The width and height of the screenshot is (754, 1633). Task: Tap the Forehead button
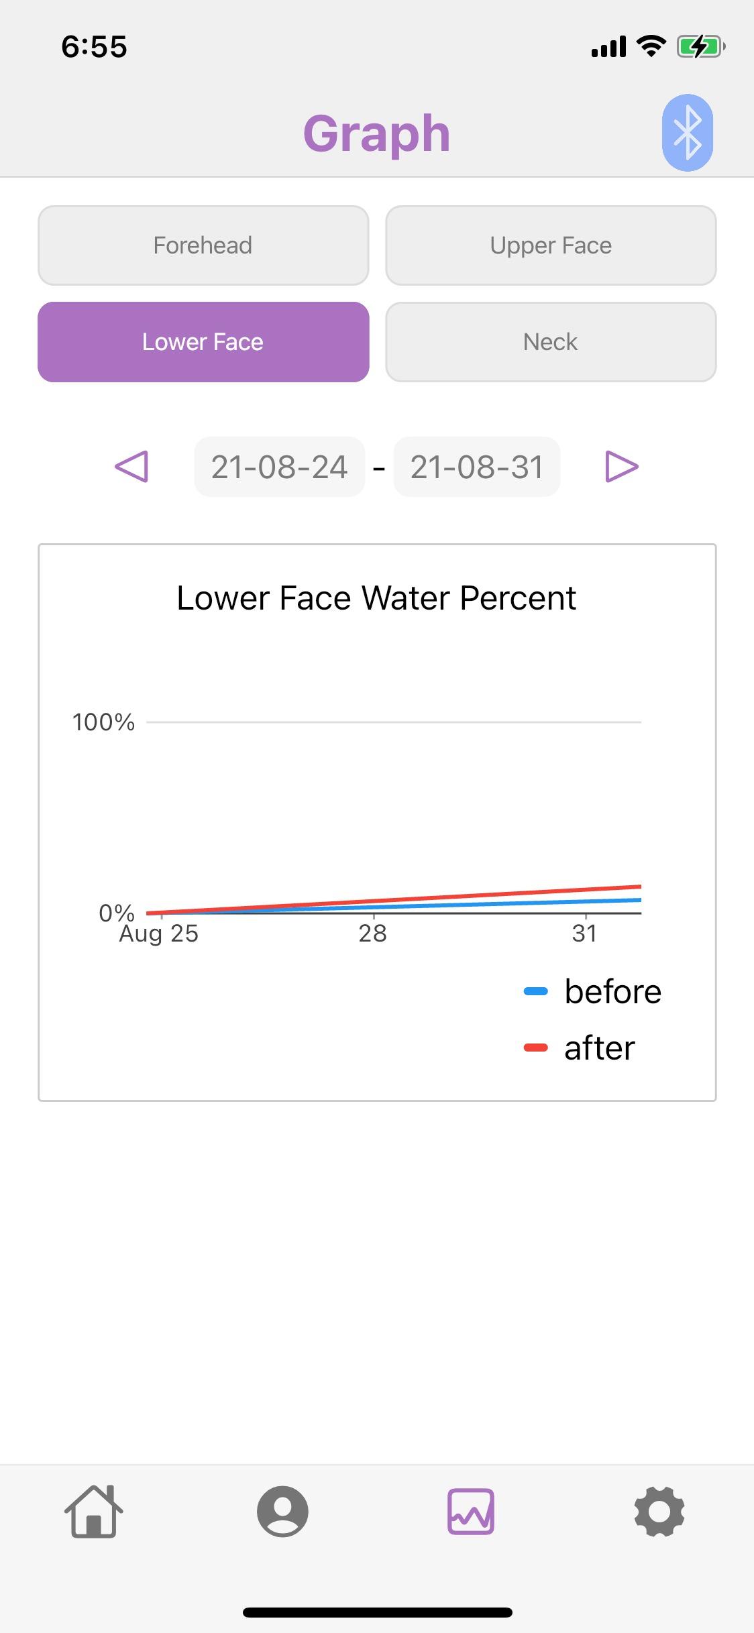point(203,245)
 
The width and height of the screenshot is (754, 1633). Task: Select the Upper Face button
point(551,245)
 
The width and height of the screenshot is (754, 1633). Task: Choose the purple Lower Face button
point(203,342)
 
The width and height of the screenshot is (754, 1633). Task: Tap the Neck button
point(551,342)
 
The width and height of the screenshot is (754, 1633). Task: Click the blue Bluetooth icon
point(687,133)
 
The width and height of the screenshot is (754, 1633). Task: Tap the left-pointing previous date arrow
point(131,467)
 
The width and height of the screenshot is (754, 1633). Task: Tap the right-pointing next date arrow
point(621,467)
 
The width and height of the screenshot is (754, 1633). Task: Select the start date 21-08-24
point(279,467)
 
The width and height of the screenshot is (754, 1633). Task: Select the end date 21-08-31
point(476,467)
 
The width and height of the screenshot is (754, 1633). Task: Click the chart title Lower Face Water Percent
point(376,598)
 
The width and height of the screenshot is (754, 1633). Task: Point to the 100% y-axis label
point(103,722)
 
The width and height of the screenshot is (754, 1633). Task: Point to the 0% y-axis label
point(116,912)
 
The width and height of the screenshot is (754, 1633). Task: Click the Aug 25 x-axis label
point(159,934)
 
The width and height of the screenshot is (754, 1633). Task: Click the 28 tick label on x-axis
point(373,934)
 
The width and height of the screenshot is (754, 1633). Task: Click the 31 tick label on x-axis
point(584,934)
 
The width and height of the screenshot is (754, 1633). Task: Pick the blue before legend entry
point(593,991)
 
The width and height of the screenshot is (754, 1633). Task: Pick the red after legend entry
point(580,1048)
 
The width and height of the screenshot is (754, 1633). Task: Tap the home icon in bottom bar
point(94,1512)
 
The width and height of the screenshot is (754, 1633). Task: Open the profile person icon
point(282,1512)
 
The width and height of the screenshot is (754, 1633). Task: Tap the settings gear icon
point(659,1512)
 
